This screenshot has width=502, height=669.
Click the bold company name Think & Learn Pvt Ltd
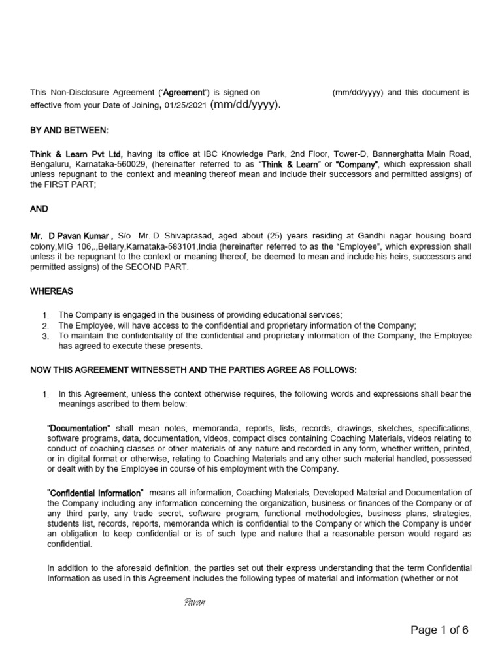tap(76, 154)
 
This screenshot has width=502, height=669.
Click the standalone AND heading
tap(39, 210)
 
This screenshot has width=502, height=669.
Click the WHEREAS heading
tap(52, 291)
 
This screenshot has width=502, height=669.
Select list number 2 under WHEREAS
tap(45, 325)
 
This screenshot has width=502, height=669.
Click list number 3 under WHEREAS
tap(45, 336)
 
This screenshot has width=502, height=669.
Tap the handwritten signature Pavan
tap(195, 601)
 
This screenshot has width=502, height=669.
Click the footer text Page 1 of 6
tap(439, 630)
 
